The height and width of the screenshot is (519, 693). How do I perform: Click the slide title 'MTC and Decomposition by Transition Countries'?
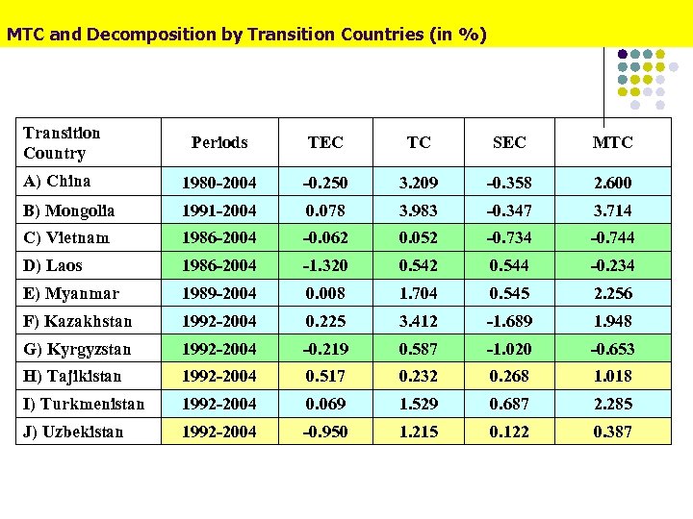(246, 35)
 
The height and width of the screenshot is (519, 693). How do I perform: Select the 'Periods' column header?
(219, 142)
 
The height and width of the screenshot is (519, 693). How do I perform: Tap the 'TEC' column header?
(325, 142)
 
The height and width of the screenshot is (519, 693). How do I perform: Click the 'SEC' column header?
(509, 142)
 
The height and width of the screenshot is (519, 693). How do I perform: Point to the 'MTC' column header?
(612, 142)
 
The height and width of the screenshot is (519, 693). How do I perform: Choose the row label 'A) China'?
(57, 182)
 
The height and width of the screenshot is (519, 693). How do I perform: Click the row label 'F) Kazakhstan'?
(77, 321)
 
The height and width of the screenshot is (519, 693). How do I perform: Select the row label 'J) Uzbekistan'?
(73, 432)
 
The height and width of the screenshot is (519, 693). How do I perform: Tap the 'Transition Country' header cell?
(62, 142)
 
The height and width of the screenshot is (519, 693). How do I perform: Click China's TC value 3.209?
(419, 183)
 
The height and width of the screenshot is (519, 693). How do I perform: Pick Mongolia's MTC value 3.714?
(612, 210)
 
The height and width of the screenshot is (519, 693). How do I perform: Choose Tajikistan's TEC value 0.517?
(325, 377)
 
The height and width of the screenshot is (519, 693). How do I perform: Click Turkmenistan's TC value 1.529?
(419, 405)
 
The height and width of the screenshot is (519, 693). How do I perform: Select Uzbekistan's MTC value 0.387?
(612, 432)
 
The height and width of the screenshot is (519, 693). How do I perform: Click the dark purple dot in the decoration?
(623, 54)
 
